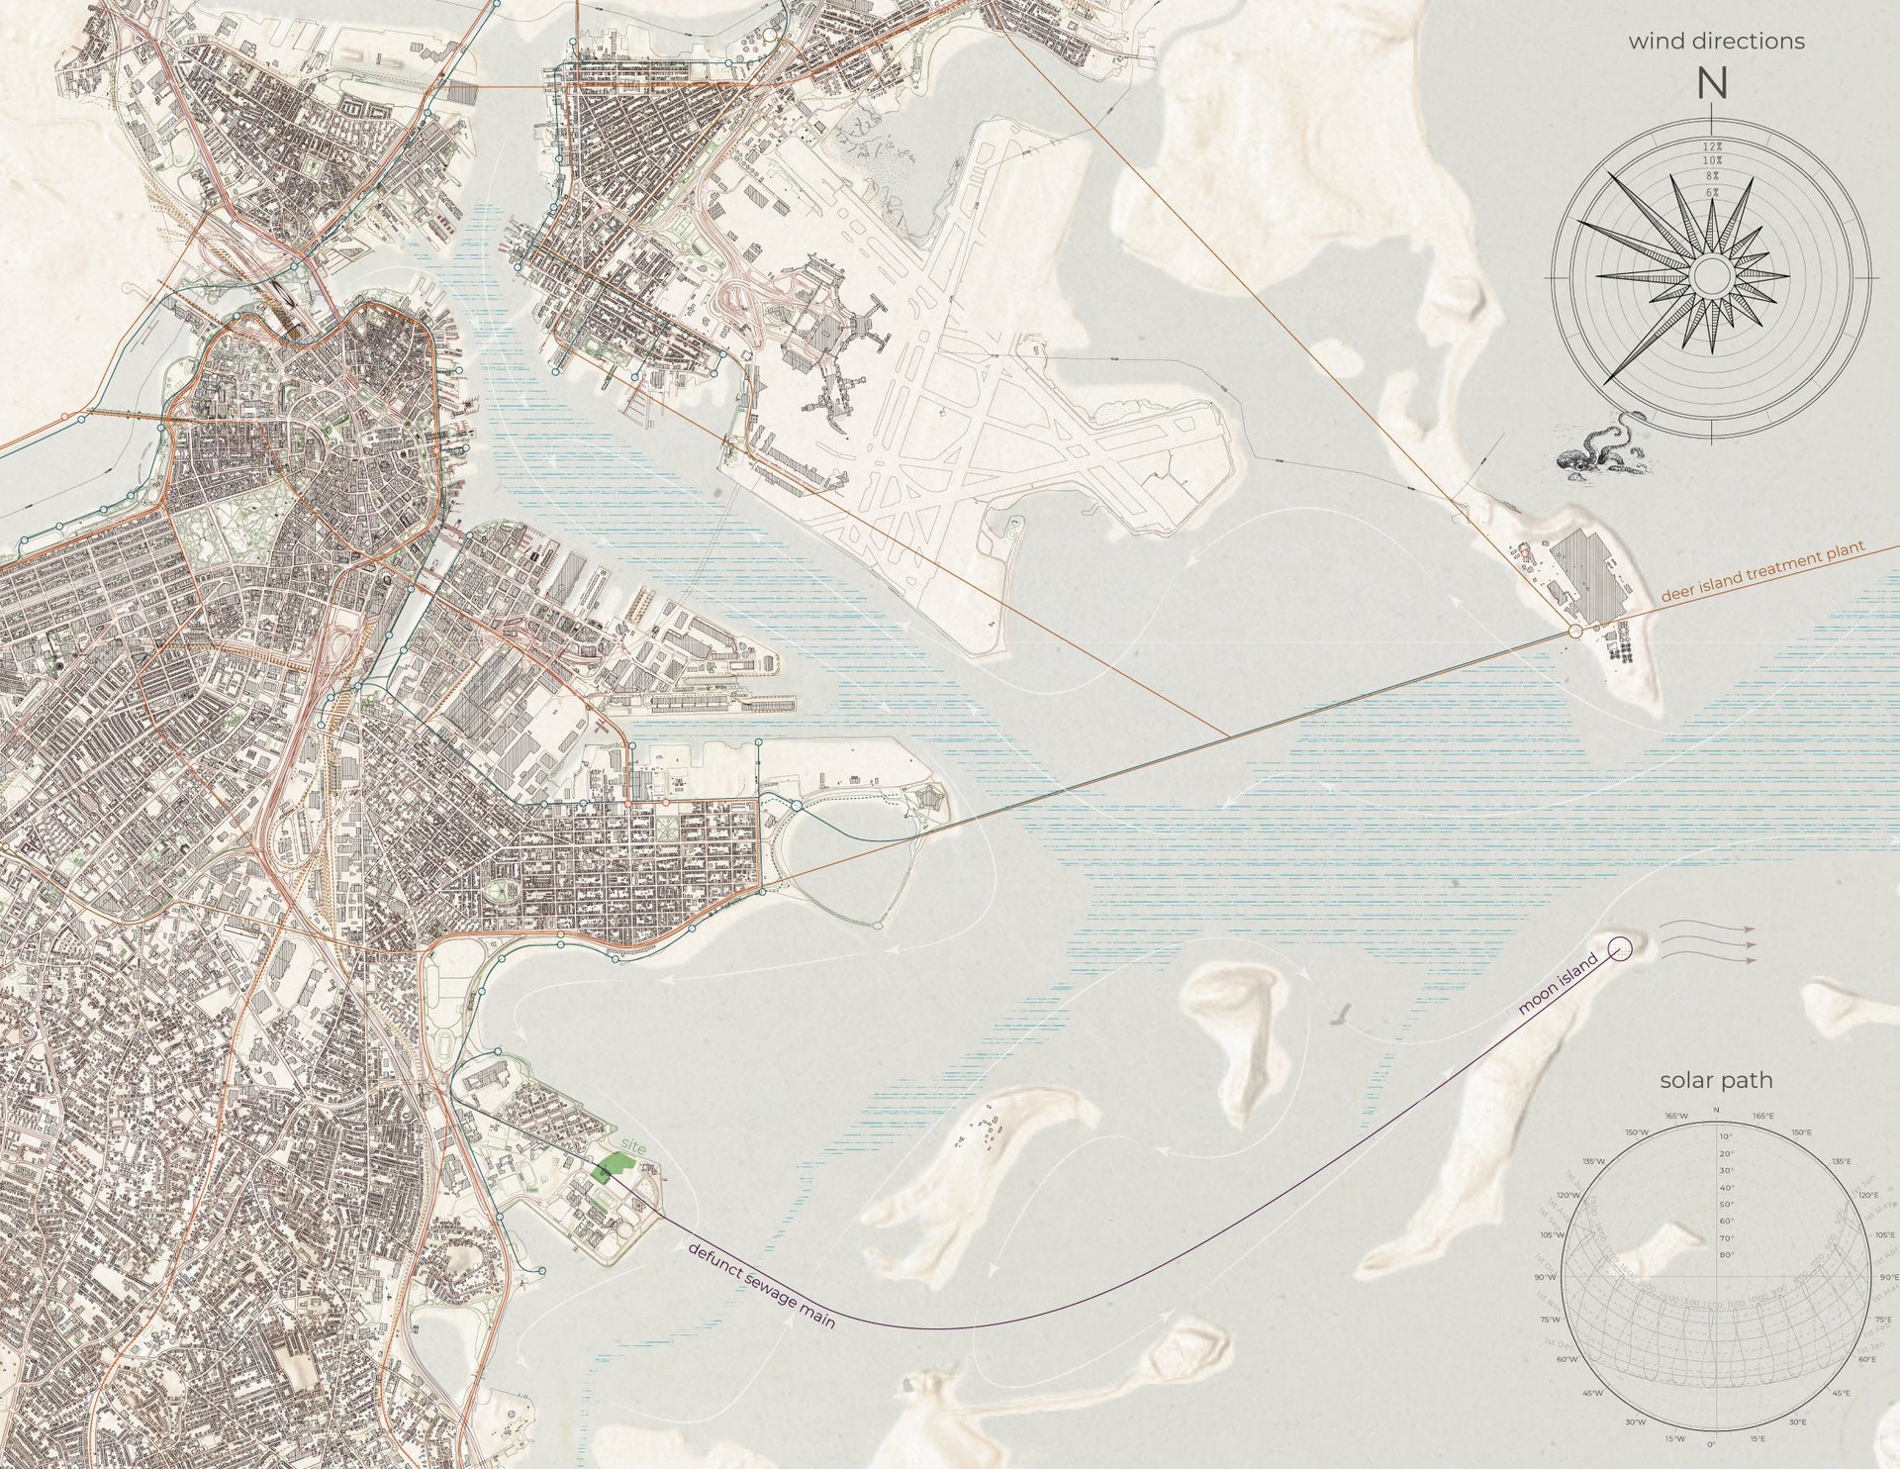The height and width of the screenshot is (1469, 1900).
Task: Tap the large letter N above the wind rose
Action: [x=1712, y=85]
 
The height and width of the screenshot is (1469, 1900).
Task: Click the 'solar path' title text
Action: [x=1715, y=1081]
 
